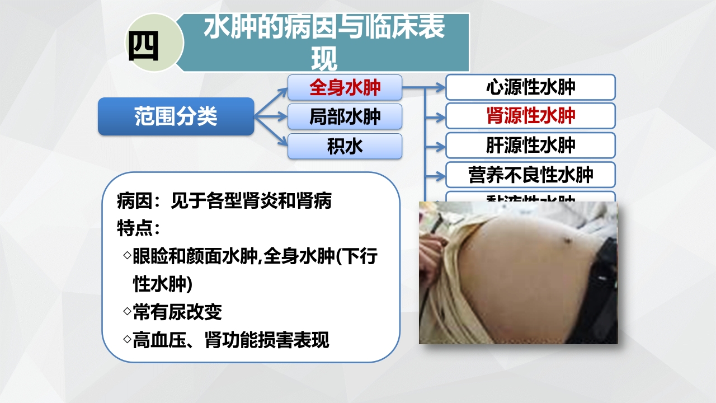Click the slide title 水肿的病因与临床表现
click(x=324, y=43)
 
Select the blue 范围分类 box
click(x=176, y=116)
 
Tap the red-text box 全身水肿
click(x=345, y=87)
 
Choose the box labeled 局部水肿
click(x=345, y=116)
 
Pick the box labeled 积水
click(x=345, y=146)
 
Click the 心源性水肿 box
click(x=530, y=87)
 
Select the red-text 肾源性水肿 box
click(x=530, y=116)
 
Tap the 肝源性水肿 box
click(x=530, y=146)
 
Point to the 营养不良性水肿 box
click(x=530, y=175)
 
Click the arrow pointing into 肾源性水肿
click(x=435, y=117)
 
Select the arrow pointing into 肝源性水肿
click(x=435, y=146)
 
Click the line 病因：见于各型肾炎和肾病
click(x=224, y=200)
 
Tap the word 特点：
click(x=139, y=228)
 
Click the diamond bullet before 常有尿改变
click(x=126, y=310)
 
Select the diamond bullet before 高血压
click(x=126, y=338)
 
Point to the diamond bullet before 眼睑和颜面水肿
click(x=126, y=255)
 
